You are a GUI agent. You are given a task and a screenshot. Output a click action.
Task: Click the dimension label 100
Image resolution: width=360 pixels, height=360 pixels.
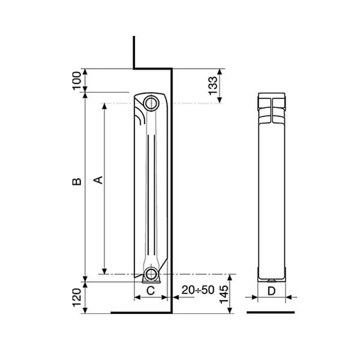[76, 80]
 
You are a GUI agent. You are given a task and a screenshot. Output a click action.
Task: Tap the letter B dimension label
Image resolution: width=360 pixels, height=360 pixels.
[76, 181]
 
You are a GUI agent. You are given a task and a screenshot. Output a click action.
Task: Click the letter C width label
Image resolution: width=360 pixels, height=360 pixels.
[151, 290]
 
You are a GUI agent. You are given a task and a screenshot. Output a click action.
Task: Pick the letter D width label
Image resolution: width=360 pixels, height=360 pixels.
[271, 290]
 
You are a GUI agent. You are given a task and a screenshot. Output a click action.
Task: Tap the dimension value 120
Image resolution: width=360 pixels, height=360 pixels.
[76, 296]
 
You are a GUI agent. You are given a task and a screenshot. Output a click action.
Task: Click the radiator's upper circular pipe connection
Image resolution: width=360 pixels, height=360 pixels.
[151, 103]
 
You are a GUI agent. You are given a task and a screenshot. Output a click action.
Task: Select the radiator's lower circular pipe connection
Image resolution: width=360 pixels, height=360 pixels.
[151, 275]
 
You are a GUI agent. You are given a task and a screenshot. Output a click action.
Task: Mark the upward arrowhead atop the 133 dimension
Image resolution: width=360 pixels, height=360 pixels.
[220, 71]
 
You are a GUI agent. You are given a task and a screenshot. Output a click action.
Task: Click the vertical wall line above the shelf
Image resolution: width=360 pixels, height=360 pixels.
[134, 51]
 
